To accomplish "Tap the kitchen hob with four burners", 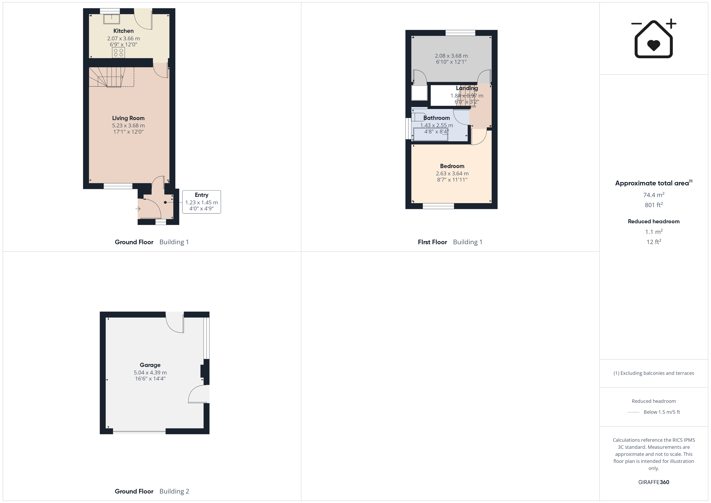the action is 118,53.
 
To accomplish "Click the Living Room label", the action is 128,118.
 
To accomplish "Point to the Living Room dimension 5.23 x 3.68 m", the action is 128,125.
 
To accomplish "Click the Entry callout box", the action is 202,202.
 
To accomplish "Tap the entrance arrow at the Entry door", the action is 138,209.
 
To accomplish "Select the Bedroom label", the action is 452,166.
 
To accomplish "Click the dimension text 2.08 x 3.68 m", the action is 451,56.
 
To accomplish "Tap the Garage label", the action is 150,365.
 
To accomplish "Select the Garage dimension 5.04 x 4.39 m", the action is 150,373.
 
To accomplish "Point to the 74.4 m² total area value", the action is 654,195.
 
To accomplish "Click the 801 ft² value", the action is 654,205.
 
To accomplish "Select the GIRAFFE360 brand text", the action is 654,482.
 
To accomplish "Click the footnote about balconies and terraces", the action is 654,373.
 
